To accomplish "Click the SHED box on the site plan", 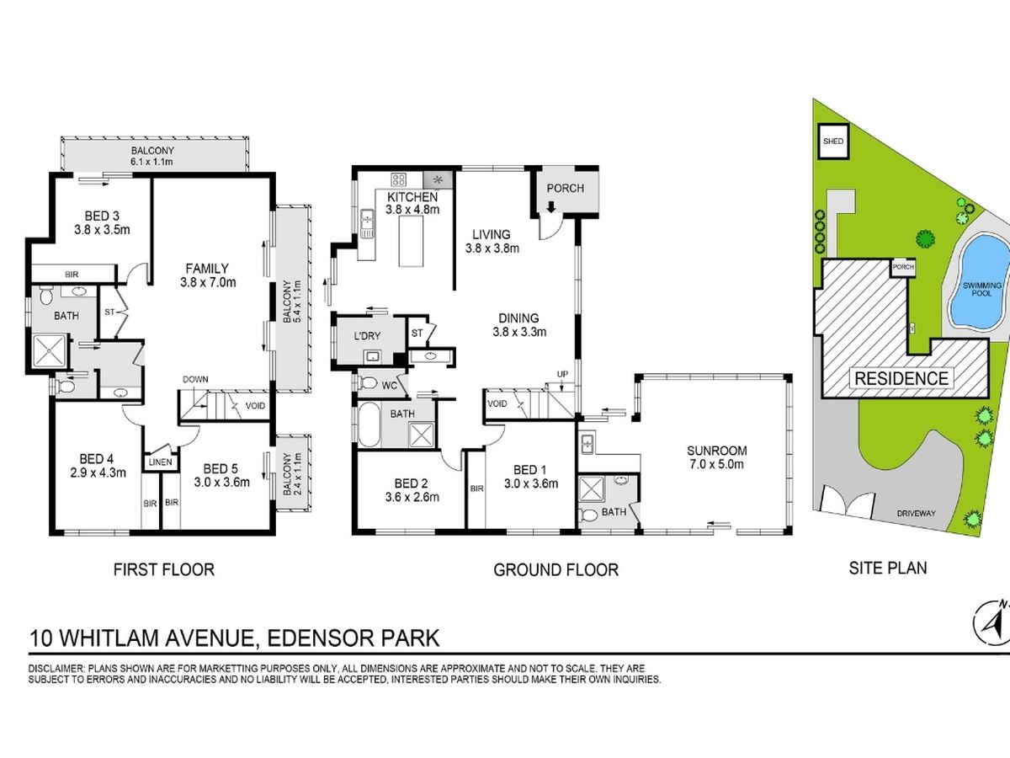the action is [833, 141].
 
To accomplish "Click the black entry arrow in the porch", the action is [550, 207].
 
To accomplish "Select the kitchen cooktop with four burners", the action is [398, 179].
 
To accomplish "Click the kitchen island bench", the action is [411, 241].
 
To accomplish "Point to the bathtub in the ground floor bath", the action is [369, 424].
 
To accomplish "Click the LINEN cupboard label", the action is [161, 462].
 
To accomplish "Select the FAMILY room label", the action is [207, 269].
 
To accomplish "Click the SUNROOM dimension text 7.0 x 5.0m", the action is [717, 464].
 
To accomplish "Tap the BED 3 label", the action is [102, 216].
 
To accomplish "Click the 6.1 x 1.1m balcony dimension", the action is [151, 162].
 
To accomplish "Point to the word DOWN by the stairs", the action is [195, 379].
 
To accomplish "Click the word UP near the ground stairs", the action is [562, 374].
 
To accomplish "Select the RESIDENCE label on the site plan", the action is [901, 378].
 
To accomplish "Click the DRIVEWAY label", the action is [916, 513].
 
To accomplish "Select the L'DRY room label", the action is [367, 336].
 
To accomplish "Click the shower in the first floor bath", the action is [49, 351].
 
